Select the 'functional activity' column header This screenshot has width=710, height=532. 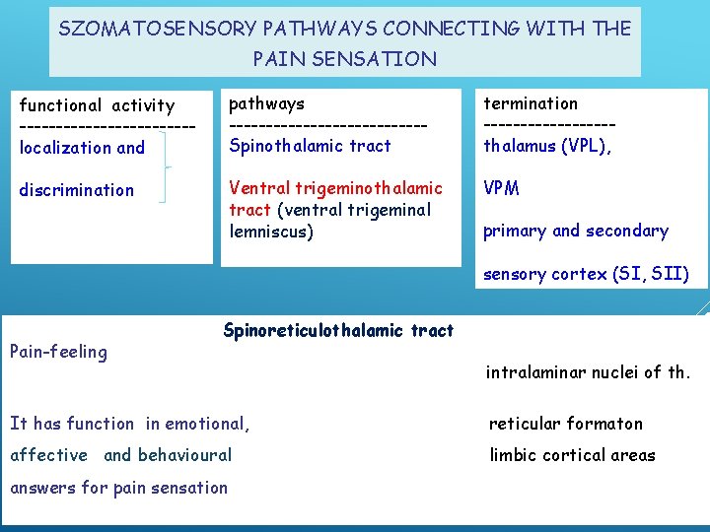97,105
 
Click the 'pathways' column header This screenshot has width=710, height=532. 266,103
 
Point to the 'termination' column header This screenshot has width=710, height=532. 531,103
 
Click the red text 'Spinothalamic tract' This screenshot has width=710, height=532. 310,146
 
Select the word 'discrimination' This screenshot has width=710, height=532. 77,190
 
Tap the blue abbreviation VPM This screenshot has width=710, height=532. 501,188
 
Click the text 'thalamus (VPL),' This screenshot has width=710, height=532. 547,146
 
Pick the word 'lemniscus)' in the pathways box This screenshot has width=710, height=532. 271,232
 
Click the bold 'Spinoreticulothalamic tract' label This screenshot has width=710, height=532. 338,331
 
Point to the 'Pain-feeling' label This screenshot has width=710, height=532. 58,352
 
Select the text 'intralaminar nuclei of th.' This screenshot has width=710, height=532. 589,372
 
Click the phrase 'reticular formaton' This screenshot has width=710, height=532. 566,424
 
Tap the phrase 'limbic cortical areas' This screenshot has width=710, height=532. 572,455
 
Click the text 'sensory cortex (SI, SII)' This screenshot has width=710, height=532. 586,274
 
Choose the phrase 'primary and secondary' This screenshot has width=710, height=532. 575,232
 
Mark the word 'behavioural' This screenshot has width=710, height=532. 184,455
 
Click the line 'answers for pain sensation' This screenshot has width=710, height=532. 118,488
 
